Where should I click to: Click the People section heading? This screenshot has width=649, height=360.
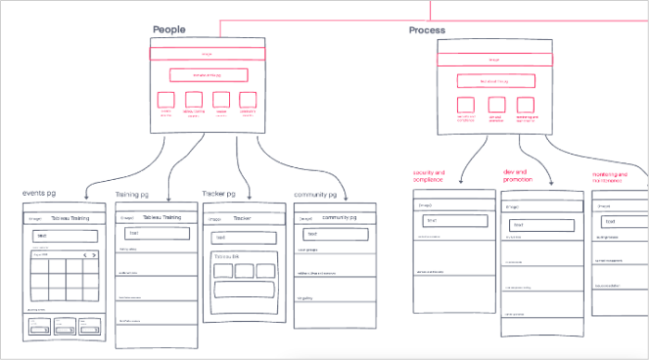(x=169, y=30)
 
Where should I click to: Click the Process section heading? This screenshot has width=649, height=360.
(x=426, y=31)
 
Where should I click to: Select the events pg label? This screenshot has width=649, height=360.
(x=42, y=193)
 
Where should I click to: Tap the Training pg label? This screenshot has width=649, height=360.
(x=134, y=195)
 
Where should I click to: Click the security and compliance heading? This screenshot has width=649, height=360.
(x=428, y=176)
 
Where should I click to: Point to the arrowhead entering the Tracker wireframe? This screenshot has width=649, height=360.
(x=244, y=196)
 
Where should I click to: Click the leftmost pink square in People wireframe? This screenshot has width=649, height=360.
(x=167, y=100)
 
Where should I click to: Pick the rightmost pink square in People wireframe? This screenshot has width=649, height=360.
(x=248, y=100)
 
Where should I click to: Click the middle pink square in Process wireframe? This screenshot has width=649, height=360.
(x=497, y=105)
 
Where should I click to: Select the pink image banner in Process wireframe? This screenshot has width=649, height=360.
(x=494, y=59)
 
